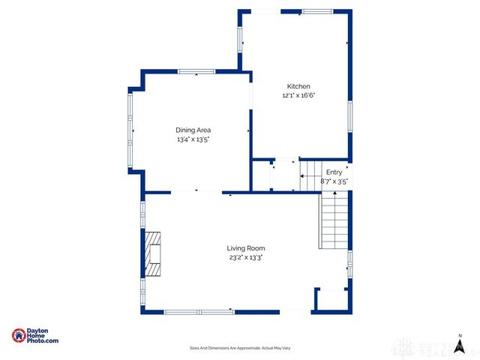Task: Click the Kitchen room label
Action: point(298,86)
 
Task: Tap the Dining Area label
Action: point(193,130)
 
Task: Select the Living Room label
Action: point(246,247)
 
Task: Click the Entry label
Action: point(334,172)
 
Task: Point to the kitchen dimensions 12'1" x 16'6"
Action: point(298,95)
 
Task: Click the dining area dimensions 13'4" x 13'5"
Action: point(193,139)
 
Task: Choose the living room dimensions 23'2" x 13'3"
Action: point(246,256)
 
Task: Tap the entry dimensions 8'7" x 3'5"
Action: point(334,181)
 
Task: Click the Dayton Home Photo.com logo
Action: point(34,336)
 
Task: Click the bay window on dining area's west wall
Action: point(130,130)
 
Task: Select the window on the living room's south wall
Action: point(199,312)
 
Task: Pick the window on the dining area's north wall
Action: point(196,71)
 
